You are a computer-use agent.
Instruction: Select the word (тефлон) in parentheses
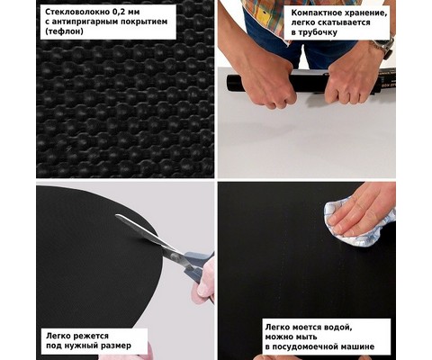[64, 31]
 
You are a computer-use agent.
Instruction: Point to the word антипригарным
[85, 22]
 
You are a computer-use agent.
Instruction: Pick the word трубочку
[319, 32]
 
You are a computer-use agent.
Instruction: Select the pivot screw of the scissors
[174, 256]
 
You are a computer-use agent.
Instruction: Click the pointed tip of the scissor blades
[116, 215]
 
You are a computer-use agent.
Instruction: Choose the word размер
[116, 346]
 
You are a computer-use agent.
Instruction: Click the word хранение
[366, 13]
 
